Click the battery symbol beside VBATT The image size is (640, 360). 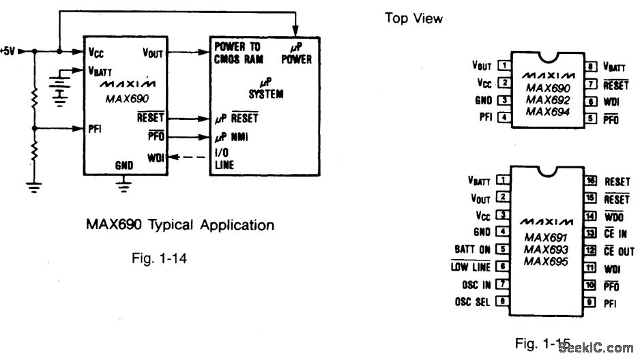(60, 87)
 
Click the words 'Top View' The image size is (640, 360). (413, 18)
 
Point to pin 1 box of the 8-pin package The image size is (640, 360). (505, 66)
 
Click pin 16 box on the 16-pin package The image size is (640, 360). (592, 181)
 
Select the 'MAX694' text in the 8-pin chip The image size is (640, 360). (548, 112)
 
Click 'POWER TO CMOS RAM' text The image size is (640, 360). (237, 54)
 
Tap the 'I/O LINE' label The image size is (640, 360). (224, 160)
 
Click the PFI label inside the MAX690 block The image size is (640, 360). (96, 127)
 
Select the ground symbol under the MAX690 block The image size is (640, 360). (123, 184)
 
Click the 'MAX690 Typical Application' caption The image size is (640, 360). (180, 225)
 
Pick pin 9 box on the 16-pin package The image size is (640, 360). (592, 301)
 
